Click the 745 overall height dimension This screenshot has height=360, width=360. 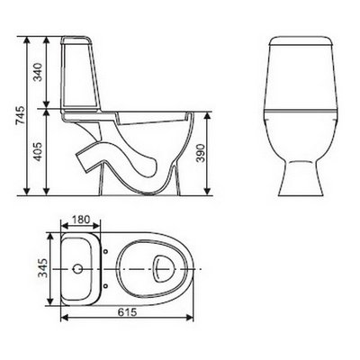point(20,116)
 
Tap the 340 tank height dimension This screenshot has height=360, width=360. point(38,72)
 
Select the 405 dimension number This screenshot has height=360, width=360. point(38,151)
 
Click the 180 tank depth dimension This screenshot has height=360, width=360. point(80,220)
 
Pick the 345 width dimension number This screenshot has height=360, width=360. point(43,268)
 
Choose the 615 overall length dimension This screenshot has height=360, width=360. point(127,312)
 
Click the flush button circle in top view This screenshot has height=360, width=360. point(78,268)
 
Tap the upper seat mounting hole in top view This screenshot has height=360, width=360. point(105,251)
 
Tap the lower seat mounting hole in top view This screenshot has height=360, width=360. point(105,285)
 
